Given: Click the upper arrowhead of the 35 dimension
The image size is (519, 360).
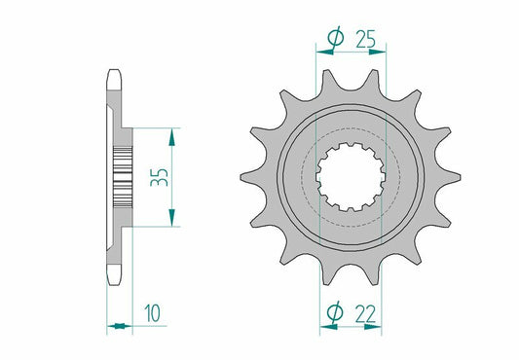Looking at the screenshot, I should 172,132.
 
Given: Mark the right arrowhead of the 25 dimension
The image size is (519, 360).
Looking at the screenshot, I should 383,51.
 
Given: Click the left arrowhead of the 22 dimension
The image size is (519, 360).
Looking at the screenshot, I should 324,326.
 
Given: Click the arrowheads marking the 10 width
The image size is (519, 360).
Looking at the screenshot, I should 116,326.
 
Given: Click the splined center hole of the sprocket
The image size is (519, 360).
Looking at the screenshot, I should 352,176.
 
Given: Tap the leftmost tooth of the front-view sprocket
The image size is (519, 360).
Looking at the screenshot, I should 249,178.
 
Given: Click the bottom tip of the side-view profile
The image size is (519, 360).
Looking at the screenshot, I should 115,280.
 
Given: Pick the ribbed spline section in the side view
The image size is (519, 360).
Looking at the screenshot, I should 123,176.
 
